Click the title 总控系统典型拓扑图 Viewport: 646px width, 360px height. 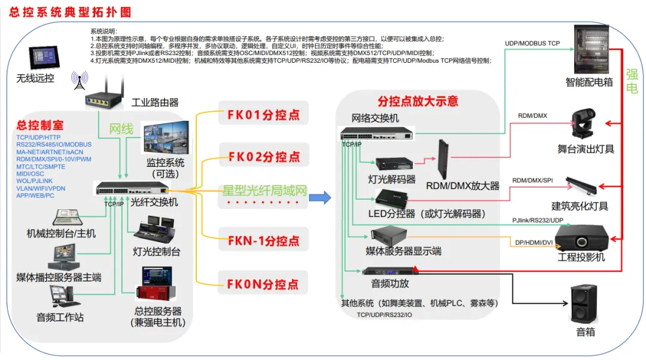(69, 13)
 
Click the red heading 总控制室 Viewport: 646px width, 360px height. (40, 126)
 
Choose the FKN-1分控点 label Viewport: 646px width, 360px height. (263, 241)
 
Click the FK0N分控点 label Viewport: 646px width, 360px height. (263, 284)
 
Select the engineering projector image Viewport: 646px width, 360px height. (583, 237)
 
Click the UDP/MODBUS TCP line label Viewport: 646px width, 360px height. (532, 44)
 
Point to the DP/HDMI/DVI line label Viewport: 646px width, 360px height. (534, 242)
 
